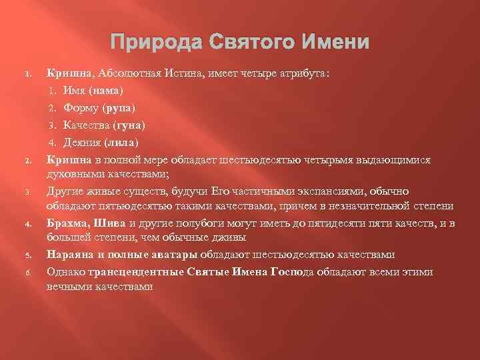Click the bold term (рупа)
[119, 107]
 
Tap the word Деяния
[80, 142]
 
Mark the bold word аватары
[169, 254]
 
